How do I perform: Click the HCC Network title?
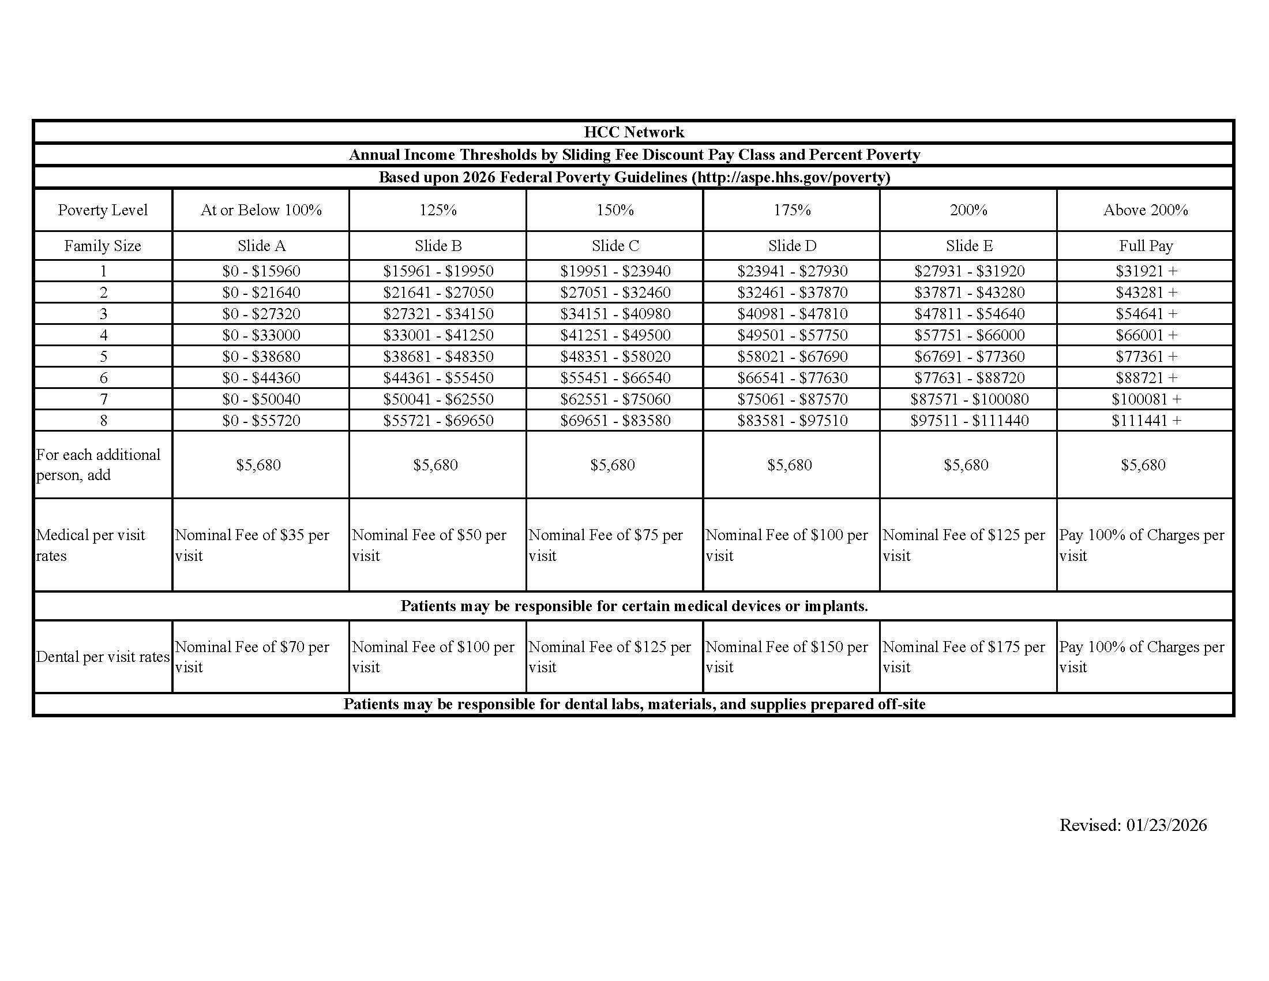(x=634, y=132)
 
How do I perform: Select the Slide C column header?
(x=615, y=246)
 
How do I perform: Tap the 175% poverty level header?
(x=792, y=210)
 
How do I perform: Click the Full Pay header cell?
(x=1145, y=246)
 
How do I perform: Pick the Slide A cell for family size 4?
(x=261, y=335)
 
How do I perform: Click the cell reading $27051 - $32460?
(x=615, y=293)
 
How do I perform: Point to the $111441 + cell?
(x=1146, y=421)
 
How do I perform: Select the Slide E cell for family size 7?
(x=969, y=399)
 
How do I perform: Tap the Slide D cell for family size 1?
(x=792, y=271)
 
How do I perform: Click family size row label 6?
(x=103, y=379)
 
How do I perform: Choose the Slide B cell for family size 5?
(x=438, y=357)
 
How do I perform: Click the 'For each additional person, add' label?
(x=98, y=465)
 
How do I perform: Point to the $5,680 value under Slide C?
(x=613, y=465)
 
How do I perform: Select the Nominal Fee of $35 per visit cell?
(x=252, y=545)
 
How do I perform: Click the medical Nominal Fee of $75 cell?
(x=606, y=545)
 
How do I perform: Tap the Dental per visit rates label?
(x=103, y=657)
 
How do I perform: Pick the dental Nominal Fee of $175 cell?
(x=963, y=657)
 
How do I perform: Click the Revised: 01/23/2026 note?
(x=1132, y=825)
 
